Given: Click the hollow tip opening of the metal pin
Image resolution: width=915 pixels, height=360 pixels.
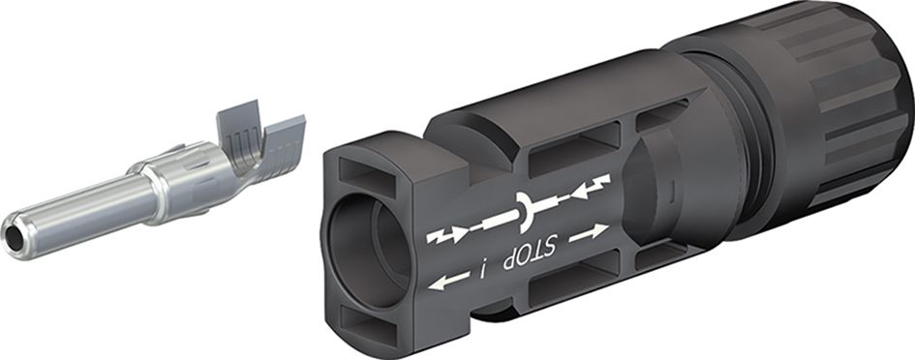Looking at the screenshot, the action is tap(13, 237).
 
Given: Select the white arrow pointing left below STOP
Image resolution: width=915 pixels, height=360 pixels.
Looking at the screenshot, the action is tap(448, 280).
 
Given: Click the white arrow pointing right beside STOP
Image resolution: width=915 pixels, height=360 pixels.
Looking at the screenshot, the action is tap(589, 233).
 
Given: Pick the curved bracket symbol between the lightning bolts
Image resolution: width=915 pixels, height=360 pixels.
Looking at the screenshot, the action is tap(524, 210).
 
